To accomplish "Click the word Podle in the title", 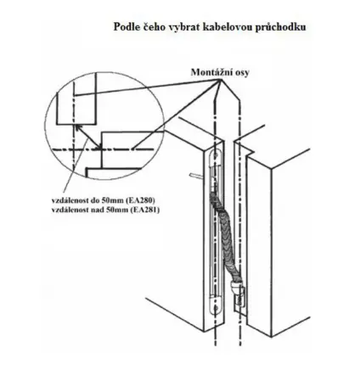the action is coord(127,27).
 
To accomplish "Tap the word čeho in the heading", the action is coord(153,27).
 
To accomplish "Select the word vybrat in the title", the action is coord(180,27).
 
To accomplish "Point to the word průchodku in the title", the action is coord(275,27).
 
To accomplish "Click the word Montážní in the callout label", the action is coord(211,72).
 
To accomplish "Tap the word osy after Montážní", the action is coord(242,73).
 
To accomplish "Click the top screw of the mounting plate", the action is coord(217,154).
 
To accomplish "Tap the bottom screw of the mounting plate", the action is coord(217,309).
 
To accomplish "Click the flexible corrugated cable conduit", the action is coord(224,237).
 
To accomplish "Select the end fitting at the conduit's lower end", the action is coord(237,295).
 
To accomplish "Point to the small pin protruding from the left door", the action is coord(197,176).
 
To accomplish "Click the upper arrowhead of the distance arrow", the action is coord(77,127).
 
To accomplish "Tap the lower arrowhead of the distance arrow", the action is coord(99,147).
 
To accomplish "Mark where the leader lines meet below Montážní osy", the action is coord(221,80).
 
